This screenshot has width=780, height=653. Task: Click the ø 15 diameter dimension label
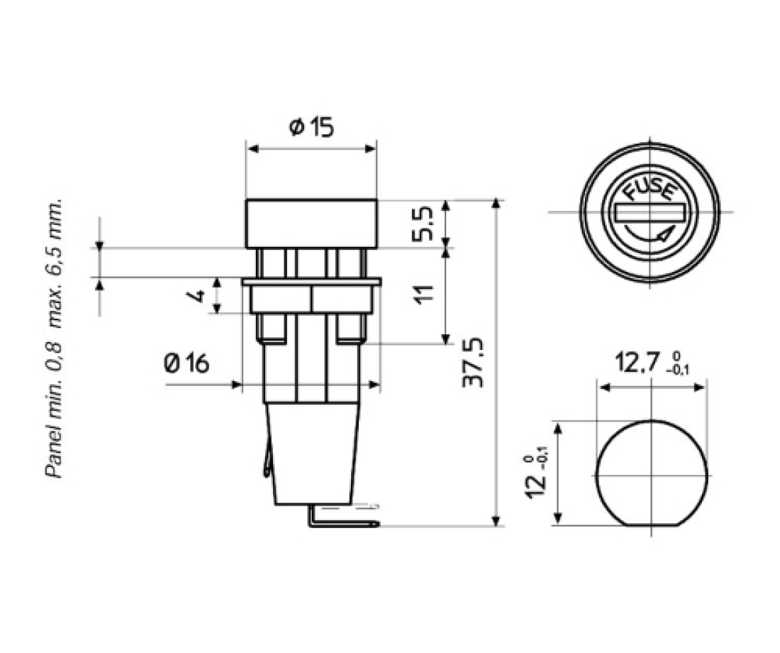[x=311, y=128]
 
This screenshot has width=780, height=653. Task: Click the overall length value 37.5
[x=473, y=362]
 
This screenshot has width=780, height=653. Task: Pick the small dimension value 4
[x=201, y=295]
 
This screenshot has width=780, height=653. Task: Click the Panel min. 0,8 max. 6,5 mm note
[x=55, y=337]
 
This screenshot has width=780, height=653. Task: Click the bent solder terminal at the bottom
[x=340, y=524]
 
